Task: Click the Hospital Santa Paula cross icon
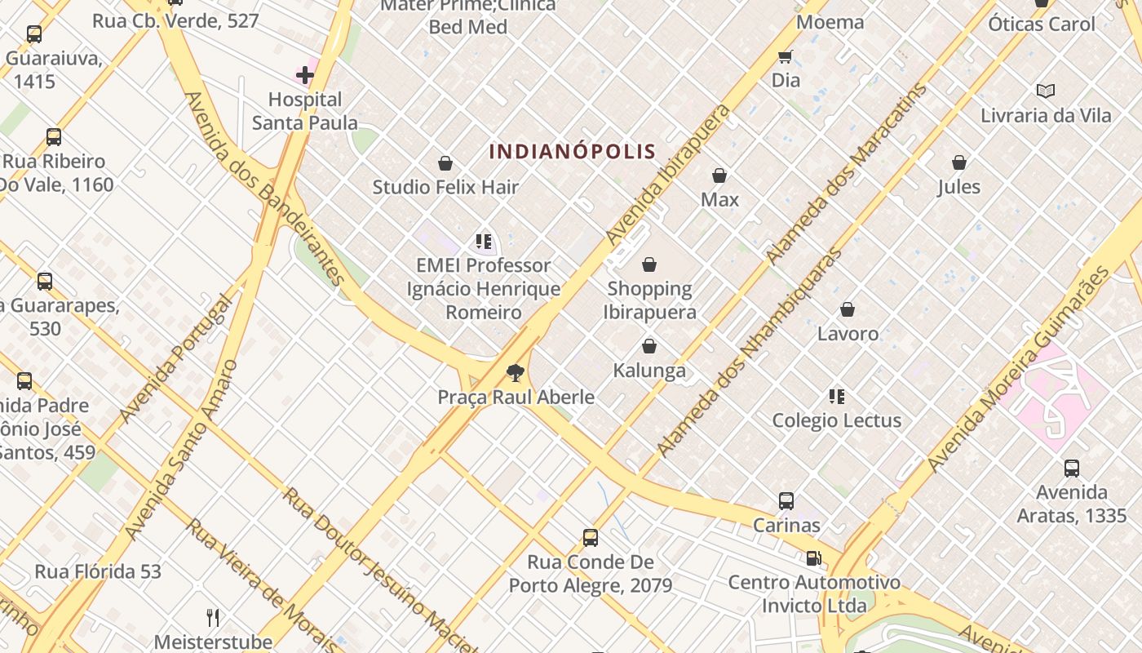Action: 305,75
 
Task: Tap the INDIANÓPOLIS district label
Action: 573,151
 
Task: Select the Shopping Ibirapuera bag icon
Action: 649,264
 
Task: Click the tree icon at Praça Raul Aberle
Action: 515,373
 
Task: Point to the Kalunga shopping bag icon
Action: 649,347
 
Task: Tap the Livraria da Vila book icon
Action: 1045,91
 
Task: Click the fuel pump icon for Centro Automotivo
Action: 813,558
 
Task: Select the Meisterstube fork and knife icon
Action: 213,617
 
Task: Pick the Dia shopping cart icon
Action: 785,56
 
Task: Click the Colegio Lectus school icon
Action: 836,397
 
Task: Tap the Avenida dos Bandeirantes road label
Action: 264,188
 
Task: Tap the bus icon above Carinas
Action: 786,501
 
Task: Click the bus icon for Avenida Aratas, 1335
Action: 1071,469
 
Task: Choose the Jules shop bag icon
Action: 959,163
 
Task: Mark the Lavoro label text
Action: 848,333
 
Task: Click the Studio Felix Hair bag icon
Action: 445,163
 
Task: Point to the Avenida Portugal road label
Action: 175,358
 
